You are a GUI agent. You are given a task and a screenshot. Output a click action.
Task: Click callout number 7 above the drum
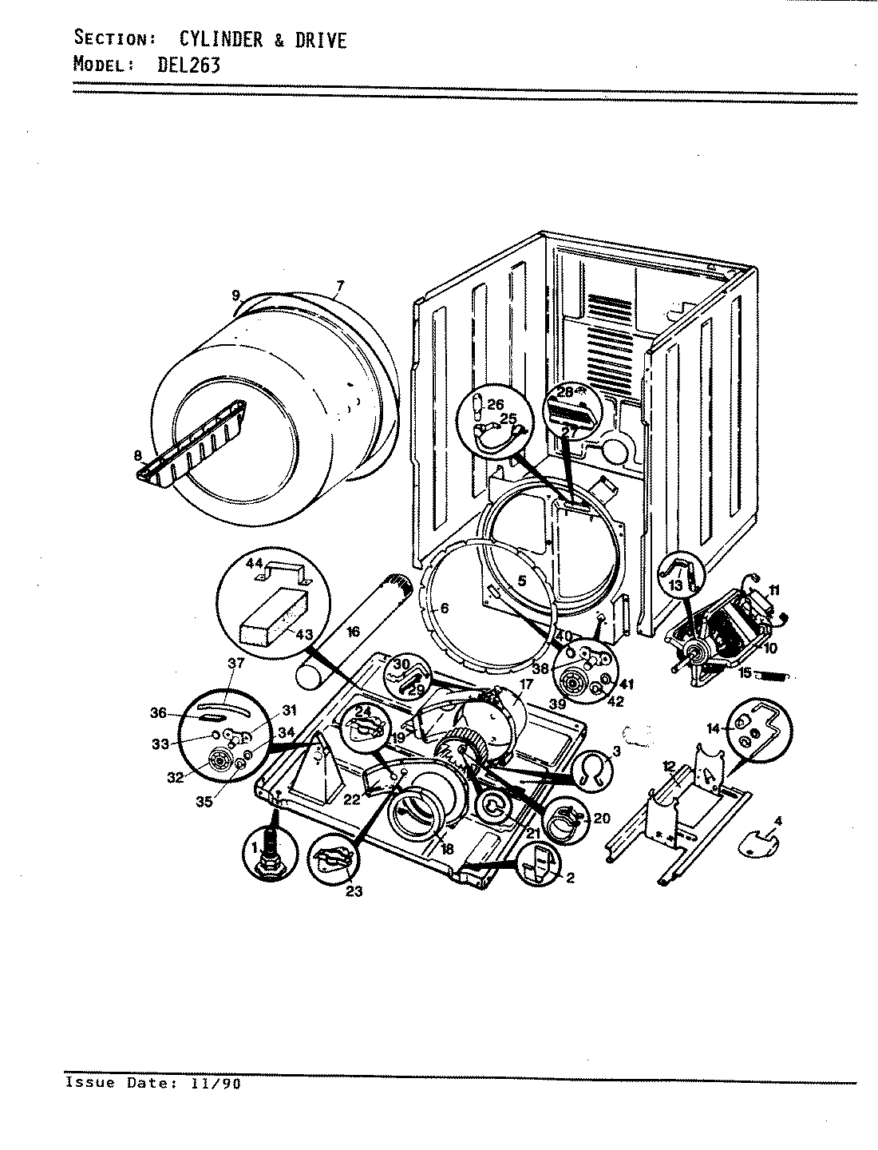click(339, 286)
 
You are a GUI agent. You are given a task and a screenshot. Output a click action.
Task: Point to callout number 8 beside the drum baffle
click(139, 456)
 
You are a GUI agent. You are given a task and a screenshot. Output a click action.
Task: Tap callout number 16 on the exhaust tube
click(354, 632)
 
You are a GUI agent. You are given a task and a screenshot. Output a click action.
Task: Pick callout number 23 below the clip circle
click(354, 891)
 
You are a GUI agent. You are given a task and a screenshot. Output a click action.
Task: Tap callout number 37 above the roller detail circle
click(235, 663)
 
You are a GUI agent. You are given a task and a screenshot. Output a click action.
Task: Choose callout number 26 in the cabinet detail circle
click(496, 404)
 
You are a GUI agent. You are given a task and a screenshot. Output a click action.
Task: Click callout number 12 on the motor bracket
click(669, 766)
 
